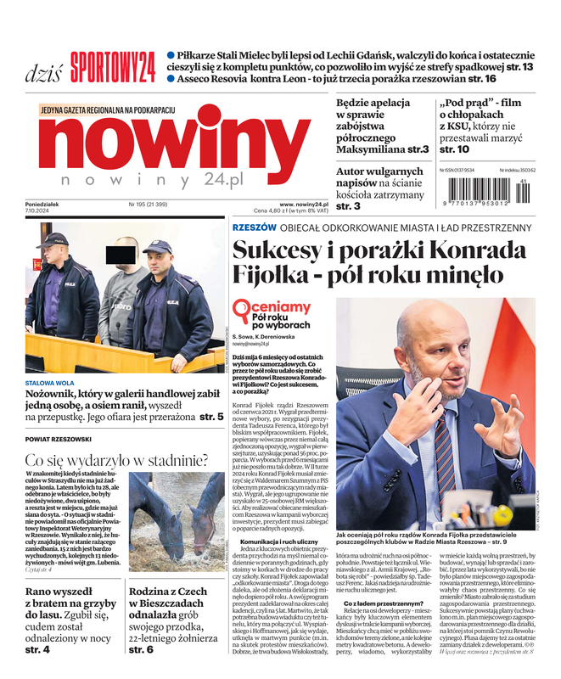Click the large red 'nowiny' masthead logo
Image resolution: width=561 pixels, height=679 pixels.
click(x=175, y=145)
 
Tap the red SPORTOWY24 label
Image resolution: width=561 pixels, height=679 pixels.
click(x=112, y=64)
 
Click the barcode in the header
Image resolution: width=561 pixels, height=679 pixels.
click(x=487, y=188)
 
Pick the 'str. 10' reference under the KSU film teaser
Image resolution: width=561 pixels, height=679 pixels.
click(x=454, y=149)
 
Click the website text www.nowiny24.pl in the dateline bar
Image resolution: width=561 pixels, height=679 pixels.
click(x=303, y=205)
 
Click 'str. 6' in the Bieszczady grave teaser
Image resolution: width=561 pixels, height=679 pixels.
click(x=141, y=649)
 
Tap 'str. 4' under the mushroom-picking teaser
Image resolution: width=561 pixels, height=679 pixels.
click(x=37, y=649)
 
